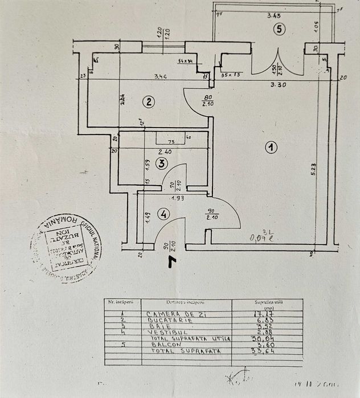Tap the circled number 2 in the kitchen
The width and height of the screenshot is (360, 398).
[x=148, y=102]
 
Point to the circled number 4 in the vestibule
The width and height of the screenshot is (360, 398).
[x=163, y=215]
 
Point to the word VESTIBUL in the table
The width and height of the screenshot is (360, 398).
[x=165, y=332]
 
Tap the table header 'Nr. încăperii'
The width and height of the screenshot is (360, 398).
[x=120, y=303]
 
